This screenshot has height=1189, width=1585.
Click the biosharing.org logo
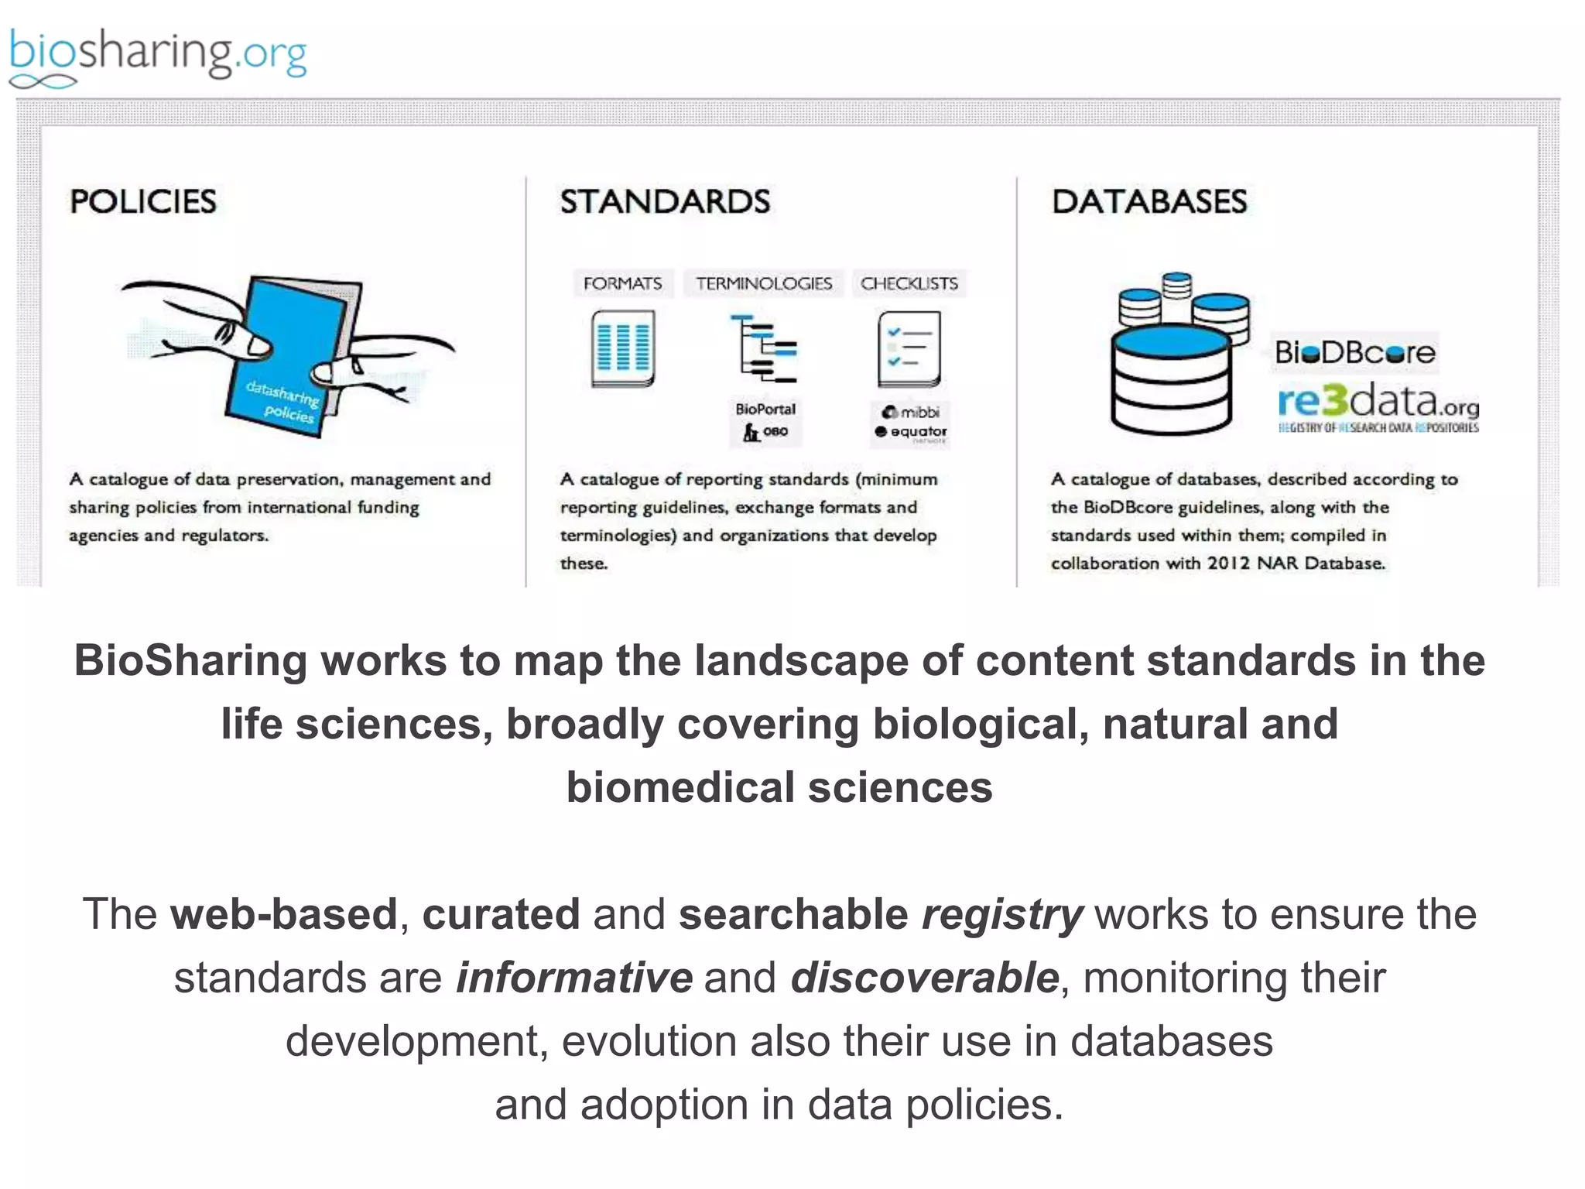coord(158,56)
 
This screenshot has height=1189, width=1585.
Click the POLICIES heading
coord(143,201)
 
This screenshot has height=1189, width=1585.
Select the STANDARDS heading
coord(665,201)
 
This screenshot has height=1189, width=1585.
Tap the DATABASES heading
coord(1149,201)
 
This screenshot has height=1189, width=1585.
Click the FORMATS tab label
coord(622,283)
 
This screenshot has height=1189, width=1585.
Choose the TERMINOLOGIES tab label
coord(764,283)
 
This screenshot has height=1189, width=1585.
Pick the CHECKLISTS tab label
coord(909,283)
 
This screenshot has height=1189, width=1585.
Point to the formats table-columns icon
coord(623,348)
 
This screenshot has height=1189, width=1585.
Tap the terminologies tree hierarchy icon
coord(764,348)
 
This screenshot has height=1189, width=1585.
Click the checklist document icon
coord(909,348)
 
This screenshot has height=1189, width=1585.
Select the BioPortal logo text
coord(765,409)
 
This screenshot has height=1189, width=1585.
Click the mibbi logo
coord(911,412)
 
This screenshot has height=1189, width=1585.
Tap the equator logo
coord(911,432)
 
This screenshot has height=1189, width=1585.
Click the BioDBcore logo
coord(1355,353)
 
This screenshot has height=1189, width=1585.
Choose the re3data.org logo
coord(1378,404)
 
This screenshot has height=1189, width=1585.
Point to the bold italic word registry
coord(1002,914)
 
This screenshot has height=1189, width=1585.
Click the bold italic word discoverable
coord(924,978)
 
